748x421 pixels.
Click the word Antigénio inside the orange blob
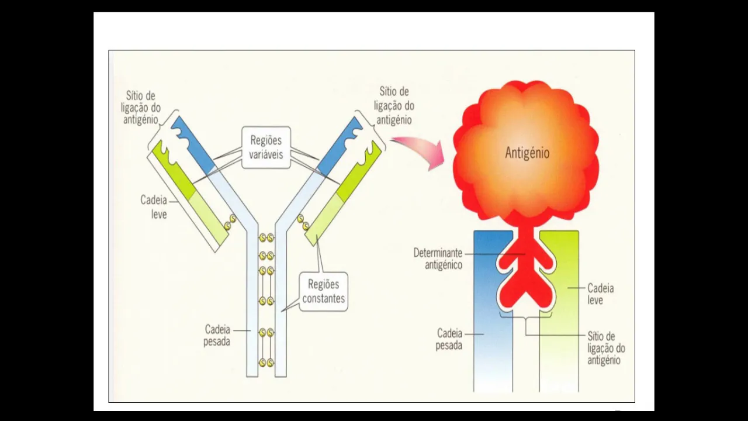tap(527, 153)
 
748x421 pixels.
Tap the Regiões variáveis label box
tap(266, 147)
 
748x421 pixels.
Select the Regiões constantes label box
tap(323, 292)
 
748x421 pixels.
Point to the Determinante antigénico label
tap(438, 258)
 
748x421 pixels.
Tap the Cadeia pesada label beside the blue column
tap(449, 339)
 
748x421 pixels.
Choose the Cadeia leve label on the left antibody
tap(154, 207)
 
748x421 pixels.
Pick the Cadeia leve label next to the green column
tap(601, 294)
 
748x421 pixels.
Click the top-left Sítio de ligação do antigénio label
tap(140, 107)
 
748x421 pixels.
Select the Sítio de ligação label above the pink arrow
tap(394, 105)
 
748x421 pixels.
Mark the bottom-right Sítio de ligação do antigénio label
tap(605, 348)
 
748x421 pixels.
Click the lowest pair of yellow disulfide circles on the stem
tap(266, 363)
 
